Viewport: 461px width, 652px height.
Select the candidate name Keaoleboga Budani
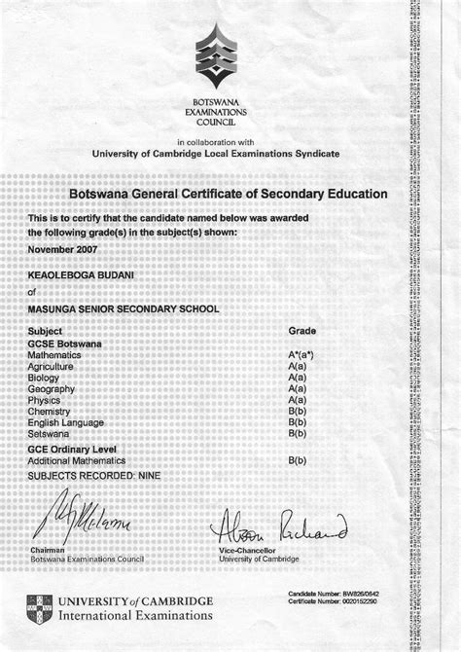(x=83, y=276)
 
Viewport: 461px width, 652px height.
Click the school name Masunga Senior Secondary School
(x=124, y=308)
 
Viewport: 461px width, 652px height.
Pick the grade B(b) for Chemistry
(x=298, y=411)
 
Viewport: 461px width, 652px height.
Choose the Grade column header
(x=302, y=332)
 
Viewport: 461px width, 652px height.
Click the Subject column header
(x=46, y=332)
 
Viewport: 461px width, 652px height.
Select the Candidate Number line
(x=332, y=594)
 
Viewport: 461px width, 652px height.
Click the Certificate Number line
(x=332, y=602)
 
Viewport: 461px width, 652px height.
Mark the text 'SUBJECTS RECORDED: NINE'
(x=94, y=475)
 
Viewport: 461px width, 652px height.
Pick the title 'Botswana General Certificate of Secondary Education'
(x=229, y=195)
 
